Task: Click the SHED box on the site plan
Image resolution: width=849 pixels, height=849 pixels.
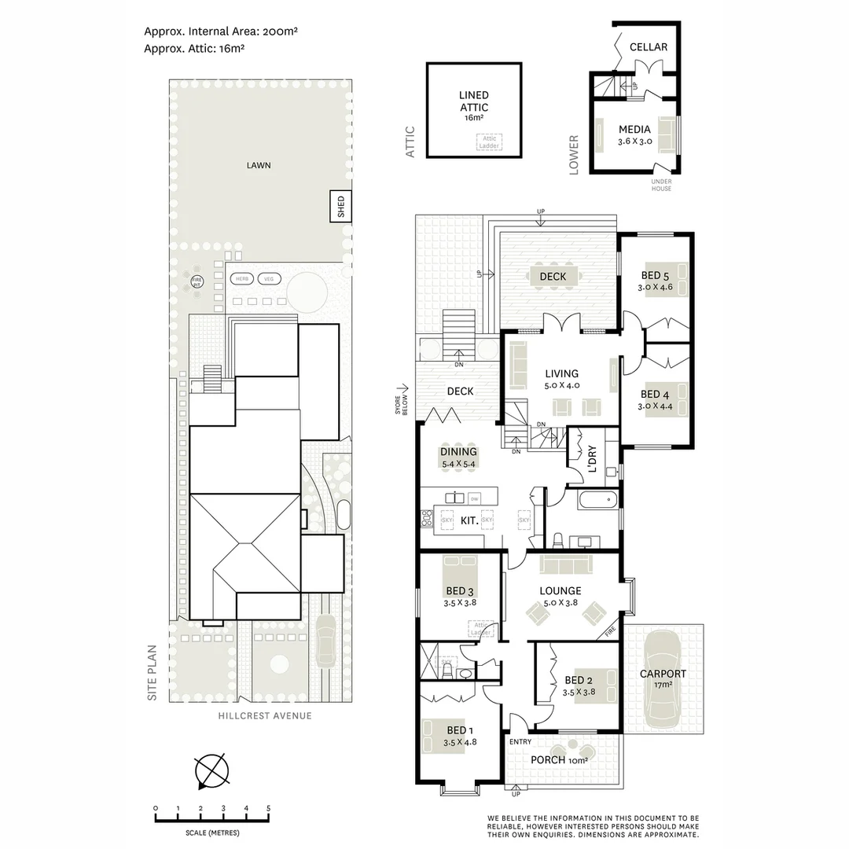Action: (340, 208)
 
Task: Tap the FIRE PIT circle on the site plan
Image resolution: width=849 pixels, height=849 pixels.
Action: (197, 281)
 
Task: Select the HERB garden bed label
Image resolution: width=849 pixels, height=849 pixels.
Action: (242, 278)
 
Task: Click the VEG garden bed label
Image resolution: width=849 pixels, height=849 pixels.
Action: (269, 278)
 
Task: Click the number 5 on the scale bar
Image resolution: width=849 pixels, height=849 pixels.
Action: (269, 808)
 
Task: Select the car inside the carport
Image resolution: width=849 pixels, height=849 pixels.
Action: (663, 681)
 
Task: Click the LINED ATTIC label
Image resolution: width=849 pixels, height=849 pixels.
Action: (473, 101)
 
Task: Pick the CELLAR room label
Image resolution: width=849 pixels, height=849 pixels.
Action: (649, 47)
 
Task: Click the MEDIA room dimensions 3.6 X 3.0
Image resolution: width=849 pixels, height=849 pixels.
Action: (634, 142)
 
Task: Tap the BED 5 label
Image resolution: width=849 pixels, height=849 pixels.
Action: (654, 275)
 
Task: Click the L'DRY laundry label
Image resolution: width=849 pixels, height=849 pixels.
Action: (591, 459)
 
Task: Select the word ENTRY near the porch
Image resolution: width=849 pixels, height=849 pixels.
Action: (520, 741)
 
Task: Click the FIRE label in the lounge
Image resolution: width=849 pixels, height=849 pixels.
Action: (610, 631)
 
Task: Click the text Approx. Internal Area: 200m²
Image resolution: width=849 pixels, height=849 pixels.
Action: (220, 31)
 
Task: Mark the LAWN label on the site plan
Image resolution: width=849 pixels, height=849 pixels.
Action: (259, 165)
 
